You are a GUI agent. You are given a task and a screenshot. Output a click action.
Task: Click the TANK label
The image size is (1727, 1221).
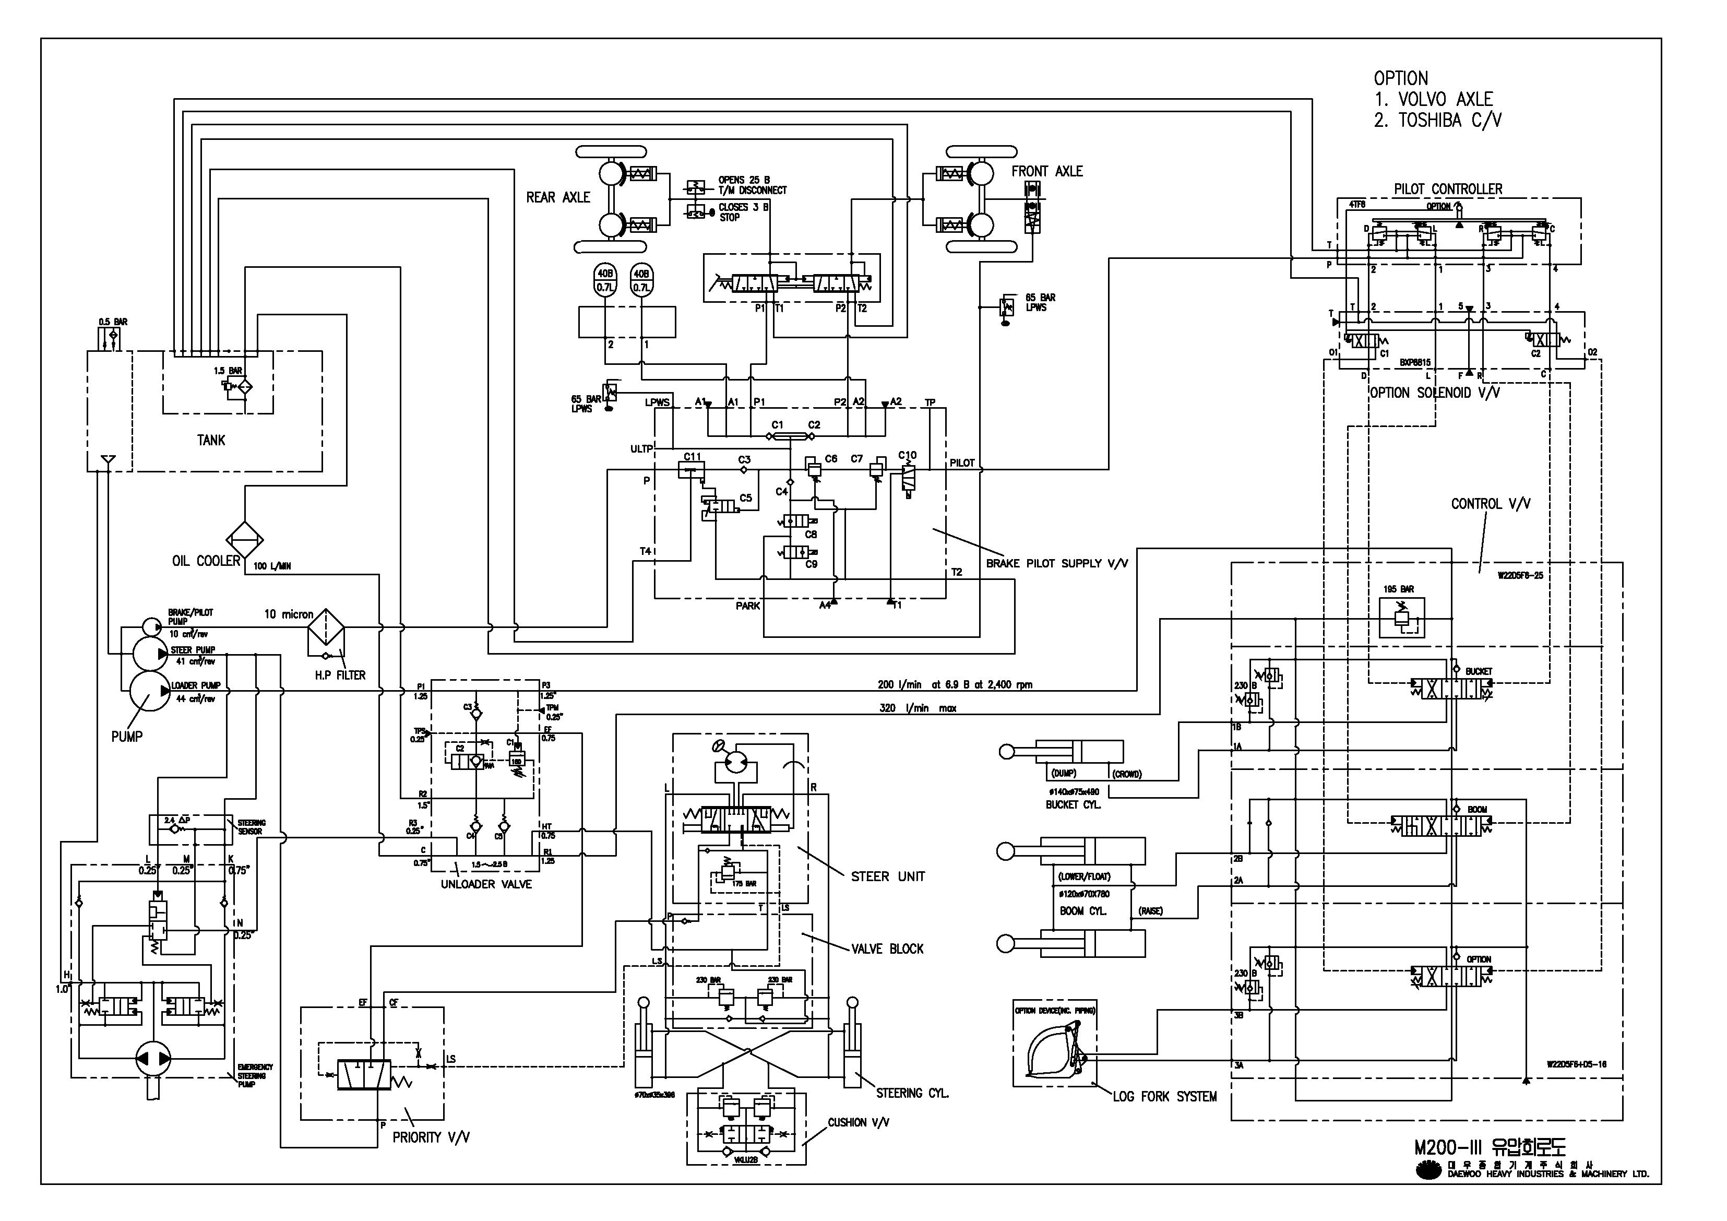(x=211, y=440)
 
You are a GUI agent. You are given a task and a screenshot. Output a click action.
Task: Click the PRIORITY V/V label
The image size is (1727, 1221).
(x=431, y=1137)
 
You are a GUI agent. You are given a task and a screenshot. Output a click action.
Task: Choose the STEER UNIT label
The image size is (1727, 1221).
(x=888, y=876)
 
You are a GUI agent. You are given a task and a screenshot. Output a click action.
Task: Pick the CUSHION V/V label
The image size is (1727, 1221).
(x=858, y=1122)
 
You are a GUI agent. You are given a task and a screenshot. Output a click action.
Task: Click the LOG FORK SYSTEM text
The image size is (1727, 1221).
(x=1164, y=1097)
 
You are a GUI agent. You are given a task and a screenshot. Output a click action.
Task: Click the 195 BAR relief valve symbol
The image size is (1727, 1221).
(x=1401, y=619)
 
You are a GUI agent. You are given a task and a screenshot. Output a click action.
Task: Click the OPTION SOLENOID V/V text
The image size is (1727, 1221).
(x=1434, y=393)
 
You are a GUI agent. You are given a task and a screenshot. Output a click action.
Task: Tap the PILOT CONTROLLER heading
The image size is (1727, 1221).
(x=1448, y=189)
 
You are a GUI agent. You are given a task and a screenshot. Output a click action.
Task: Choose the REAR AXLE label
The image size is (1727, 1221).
(x=558, y=197)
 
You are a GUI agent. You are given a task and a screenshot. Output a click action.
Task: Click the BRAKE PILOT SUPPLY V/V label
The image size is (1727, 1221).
(x=1057, y=563)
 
